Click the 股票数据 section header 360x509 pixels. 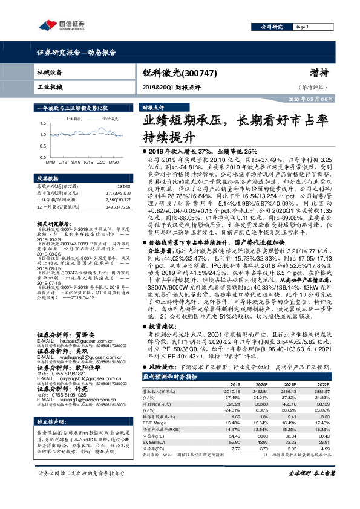point(48,179)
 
